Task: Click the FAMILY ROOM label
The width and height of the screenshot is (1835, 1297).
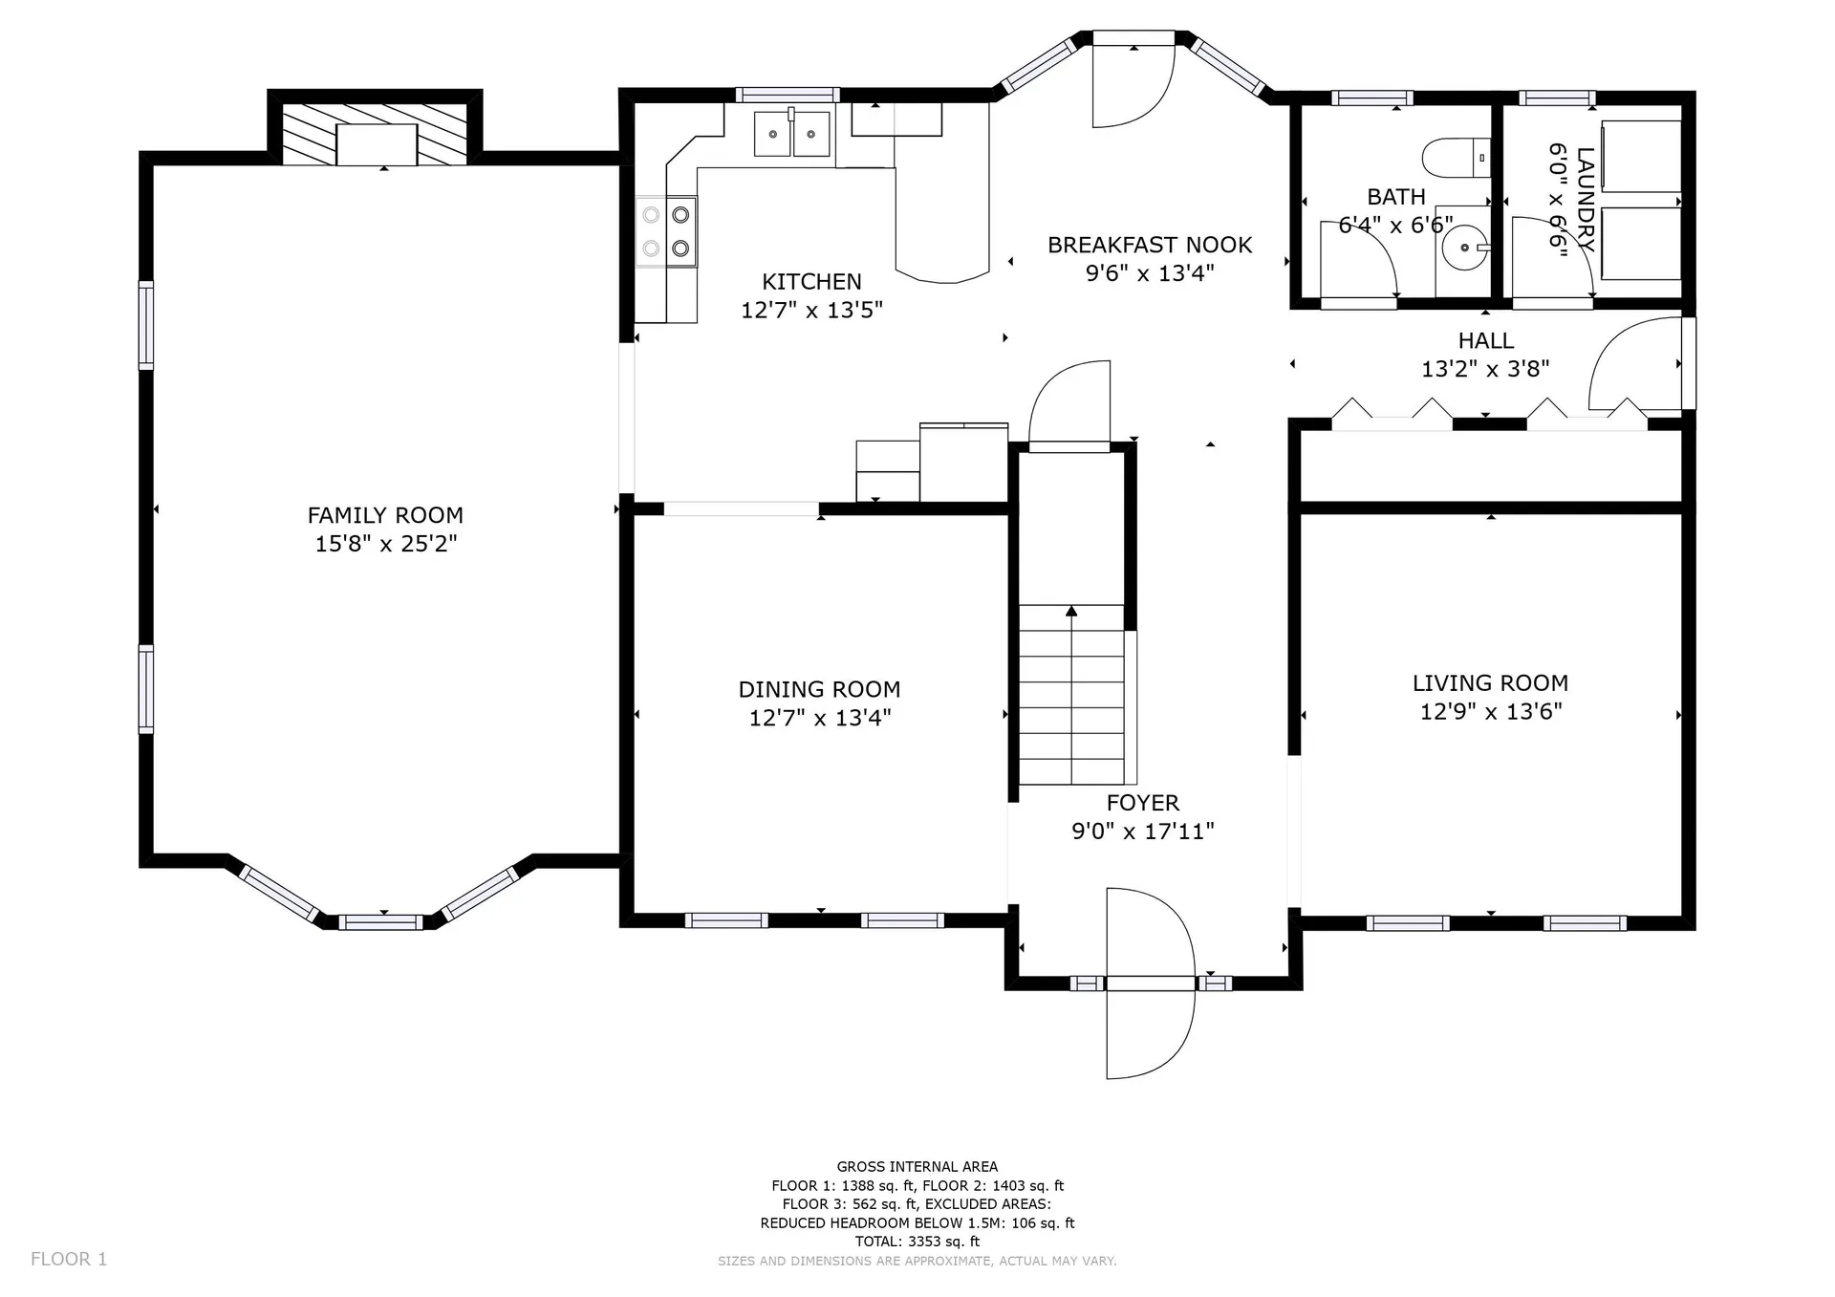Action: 385,515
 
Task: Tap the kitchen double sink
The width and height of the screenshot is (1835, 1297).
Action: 791,134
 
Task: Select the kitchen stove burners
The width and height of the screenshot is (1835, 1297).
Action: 666,231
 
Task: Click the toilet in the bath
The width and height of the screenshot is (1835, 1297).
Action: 1456,158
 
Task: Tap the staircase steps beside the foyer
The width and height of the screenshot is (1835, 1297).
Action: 1071,695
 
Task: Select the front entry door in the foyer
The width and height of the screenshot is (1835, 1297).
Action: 1151,984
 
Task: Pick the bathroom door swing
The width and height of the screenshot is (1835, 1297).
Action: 1358,259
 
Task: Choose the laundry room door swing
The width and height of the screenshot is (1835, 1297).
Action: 1552,258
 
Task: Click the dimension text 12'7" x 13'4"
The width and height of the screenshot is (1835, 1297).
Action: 820,717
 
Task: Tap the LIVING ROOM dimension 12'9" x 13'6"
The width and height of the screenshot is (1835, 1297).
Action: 1491,711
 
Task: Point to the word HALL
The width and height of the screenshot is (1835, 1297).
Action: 1486,340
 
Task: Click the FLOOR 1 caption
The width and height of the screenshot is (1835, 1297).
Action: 69,1259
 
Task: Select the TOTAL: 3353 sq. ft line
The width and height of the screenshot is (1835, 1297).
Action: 917,1242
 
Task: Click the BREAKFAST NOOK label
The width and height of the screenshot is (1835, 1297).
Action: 1150,245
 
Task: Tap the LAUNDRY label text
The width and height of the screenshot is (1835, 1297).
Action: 1586,199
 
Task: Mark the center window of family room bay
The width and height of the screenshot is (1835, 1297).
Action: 380,922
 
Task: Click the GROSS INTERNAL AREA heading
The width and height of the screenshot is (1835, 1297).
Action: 917,1166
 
